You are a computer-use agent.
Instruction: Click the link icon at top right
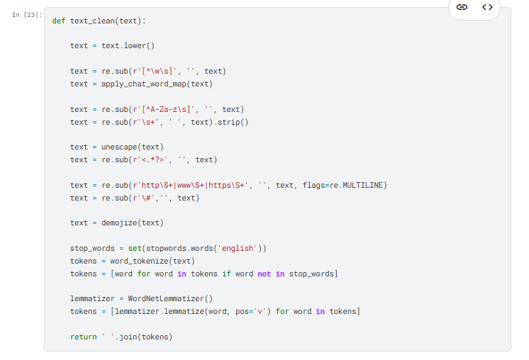[462, 8]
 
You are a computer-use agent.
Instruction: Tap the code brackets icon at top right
[486, 8]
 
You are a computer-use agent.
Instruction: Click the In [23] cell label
[28, 15]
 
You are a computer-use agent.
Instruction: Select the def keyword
[59, 21]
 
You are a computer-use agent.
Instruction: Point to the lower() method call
[139, 46]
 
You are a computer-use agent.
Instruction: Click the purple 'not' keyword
[264, 274]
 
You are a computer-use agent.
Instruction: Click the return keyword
[83, 337]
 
